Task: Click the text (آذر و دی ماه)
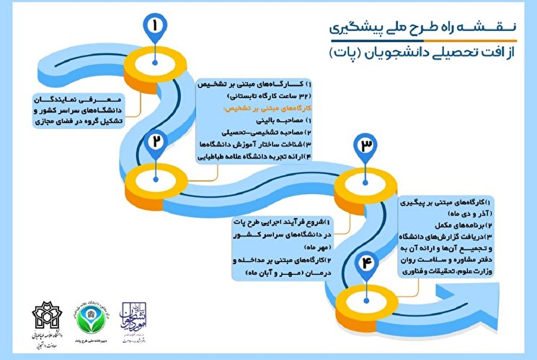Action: (460, 213)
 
